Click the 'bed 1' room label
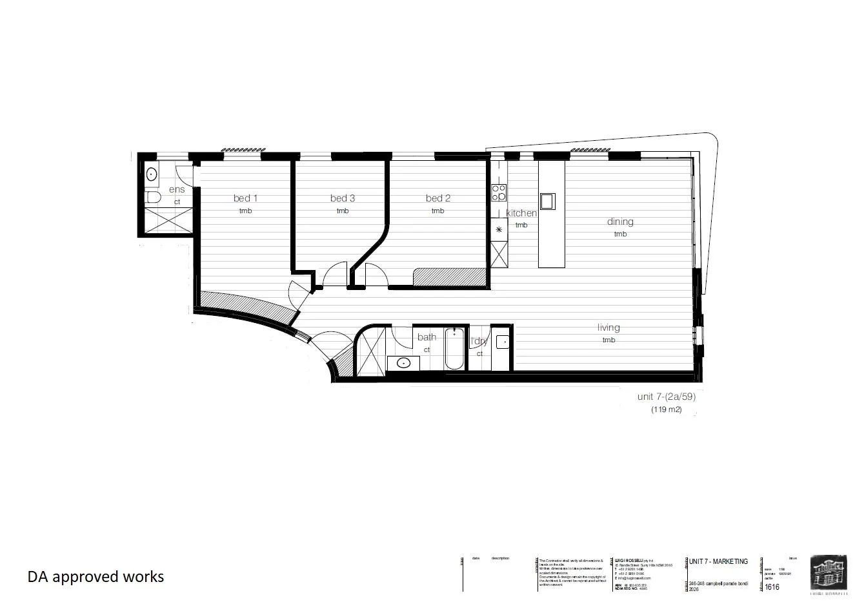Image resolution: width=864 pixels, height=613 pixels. click(x=245, y=198)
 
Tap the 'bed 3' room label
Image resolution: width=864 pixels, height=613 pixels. click(x=343, y=198)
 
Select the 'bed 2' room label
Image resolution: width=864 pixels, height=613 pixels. click(x=438, y=198)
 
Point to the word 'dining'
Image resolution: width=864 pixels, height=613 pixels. click(x=620, y=222)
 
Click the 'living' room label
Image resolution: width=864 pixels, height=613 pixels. click(x=608, y=327)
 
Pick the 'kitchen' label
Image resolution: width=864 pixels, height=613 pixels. click(x=521, y=213)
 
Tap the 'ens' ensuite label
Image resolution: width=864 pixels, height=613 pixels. click(x=177, y=189)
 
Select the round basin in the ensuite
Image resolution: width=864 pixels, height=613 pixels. click(x=152, y=174)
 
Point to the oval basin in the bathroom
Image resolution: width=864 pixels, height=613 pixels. click(x=404, y=362)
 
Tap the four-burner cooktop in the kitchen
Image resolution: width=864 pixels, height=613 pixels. click(x=499, y=192)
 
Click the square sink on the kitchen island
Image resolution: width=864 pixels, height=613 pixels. click(x=547, y=201)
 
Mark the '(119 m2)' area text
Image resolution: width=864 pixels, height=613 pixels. click(x=665, y=409)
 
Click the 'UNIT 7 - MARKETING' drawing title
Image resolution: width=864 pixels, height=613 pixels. click(x=718, y=561)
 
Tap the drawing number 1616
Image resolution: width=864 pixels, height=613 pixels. click(x=772, y=587)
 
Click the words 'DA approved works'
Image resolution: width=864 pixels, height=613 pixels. click(x=95, y=576)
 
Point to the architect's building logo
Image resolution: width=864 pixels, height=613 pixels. click(x=829, y=572)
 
